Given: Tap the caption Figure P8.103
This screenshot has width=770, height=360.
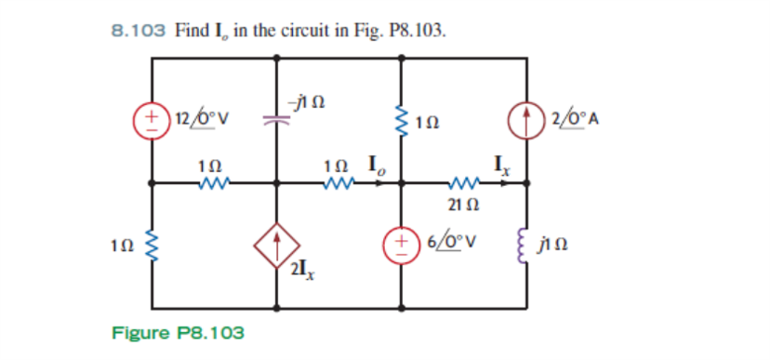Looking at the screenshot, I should (179, 332).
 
